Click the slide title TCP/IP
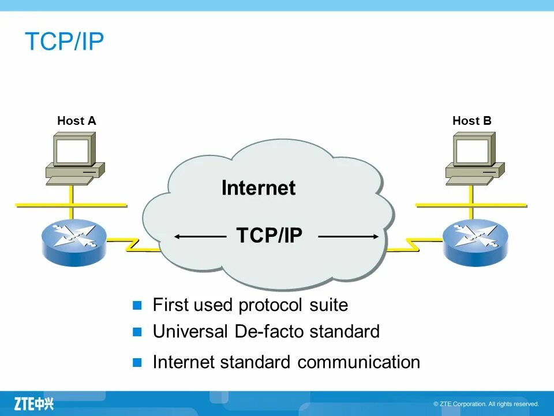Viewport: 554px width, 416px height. click(x=64, y=42)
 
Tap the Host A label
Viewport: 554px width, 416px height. click(x=76, y=121)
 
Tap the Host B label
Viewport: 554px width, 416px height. click(x=471, y=121)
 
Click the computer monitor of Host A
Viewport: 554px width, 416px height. click(x=73, y=151)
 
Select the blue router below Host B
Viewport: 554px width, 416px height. click(x=475, y=240)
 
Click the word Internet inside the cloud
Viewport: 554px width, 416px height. click(x=258, y=188)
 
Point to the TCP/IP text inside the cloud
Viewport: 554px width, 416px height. click(x=269, y=236)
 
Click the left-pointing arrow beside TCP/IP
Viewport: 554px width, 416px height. click(x=199, y=236)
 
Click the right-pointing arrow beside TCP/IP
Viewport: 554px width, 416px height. click(x=349, y=236)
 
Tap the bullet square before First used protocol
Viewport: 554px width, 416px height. click(x=137, y=305)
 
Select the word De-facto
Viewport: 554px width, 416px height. click(x=269, y=332)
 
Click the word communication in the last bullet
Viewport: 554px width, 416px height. click(x=358, y=362)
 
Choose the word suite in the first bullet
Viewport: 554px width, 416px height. click(x=329, y=304)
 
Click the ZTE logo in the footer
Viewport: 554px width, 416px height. click(x=33, y=403)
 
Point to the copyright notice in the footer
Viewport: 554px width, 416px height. click(x=486, y=404)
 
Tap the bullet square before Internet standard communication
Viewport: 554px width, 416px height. click(x=137, y=363)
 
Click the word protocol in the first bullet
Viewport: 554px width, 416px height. click(x=271, y=305)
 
